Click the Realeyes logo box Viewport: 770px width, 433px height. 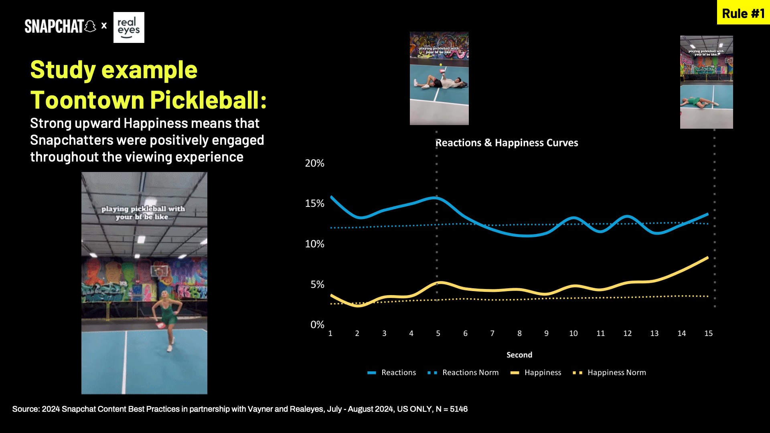[x=129, y=27]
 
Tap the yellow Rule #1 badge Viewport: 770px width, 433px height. [x=743, y=13]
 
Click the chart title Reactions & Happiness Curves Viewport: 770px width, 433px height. [x=507, y=143]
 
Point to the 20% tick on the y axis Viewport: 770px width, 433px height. [x=314, y=163]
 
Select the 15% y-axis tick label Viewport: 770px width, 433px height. [x=314, y=203]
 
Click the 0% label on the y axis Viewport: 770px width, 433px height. [x=317, y=324]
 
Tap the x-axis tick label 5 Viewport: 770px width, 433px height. [x=438, y=333]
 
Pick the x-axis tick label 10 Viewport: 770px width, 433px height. [x=573, y=333]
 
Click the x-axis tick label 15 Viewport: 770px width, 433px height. [x=708, y=333]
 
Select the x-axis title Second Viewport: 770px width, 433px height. [x=519, y=355]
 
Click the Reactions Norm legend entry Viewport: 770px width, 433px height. [x=470, y=372]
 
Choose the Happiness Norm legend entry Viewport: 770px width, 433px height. [x=616, y=372]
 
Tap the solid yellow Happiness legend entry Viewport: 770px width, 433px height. [x=542, y=372]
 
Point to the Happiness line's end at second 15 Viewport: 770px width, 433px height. [x=707, y=258]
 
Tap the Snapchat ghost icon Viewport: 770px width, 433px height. [x=91, y=26]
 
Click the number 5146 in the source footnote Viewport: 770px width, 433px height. [x=458, y=409]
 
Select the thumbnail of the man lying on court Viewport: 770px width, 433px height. [x=439, y=78]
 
